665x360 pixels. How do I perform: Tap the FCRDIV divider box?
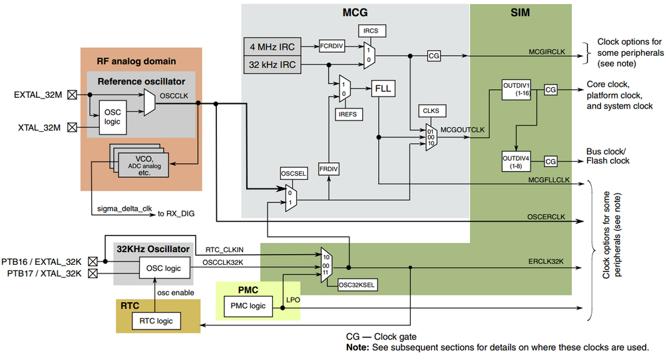point(330,47)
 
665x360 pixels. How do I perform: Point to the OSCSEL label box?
point(292,174)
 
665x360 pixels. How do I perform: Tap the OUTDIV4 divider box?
point(515,161)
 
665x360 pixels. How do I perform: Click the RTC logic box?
point(156,321)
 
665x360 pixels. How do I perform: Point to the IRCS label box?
point(371,31)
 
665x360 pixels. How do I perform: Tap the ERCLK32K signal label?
point(546,261)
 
